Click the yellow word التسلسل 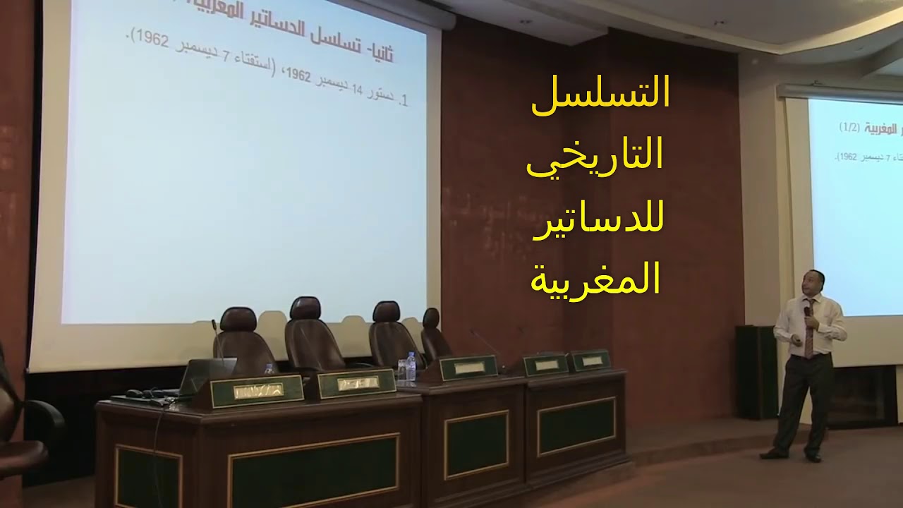point(600,97)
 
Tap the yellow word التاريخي point(596,156)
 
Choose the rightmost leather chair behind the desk point(435,335)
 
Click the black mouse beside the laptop point(133,393)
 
